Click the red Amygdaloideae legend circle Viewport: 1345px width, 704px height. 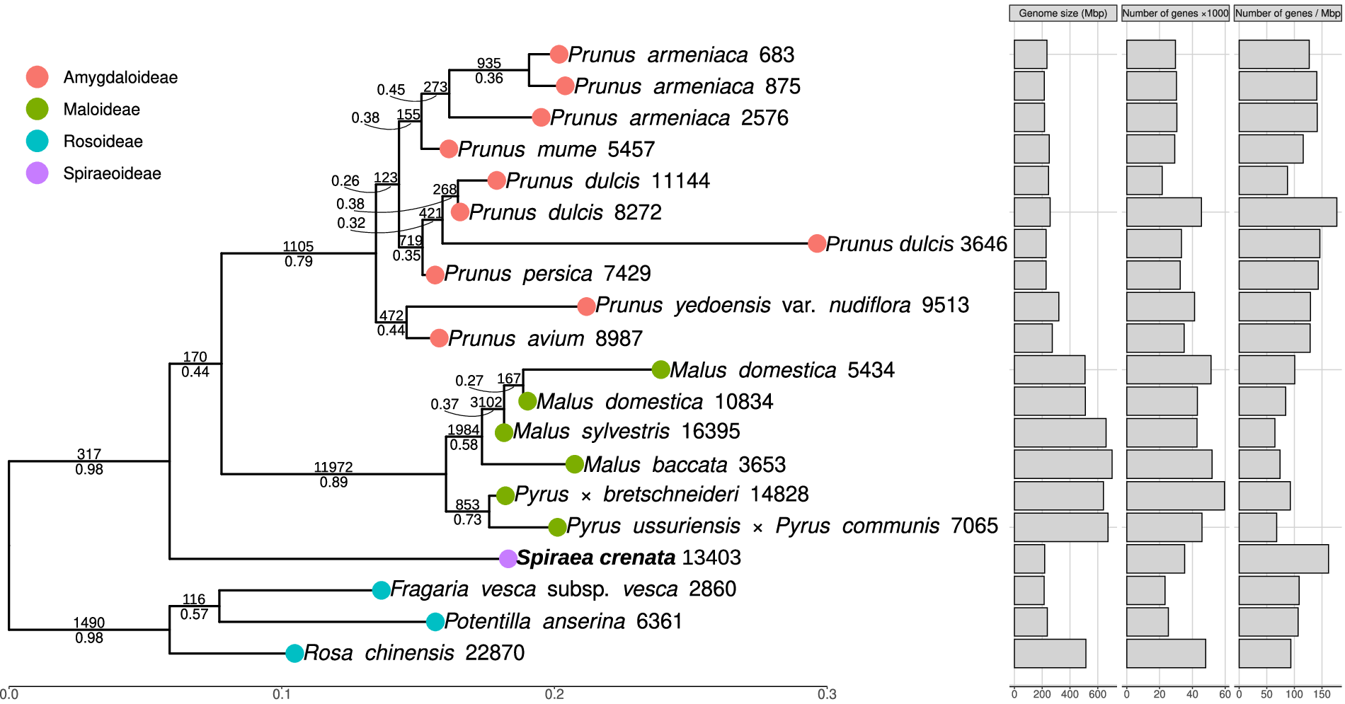point(37,77)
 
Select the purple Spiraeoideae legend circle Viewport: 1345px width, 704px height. point(37,173)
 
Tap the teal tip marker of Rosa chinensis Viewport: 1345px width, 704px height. point(294,653)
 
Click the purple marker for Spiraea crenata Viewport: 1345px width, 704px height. point(508,558)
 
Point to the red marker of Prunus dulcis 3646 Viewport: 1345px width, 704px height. point(817,244)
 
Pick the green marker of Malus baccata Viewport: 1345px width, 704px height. point(575,464)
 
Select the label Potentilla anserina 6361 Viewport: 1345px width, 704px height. point(563,621)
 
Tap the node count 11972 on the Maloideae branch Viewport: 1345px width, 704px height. point(333,467)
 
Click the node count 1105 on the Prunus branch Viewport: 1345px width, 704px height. point(298,246)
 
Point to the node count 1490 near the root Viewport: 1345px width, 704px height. point(89,623)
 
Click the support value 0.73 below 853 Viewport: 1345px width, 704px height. point(467,520)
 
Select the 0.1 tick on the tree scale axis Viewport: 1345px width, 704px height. point(282,694)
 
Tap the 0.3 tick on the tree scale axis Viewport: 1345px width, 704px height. point(827,694)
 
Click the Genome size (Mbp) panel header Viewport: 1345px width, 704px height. point(1063,13)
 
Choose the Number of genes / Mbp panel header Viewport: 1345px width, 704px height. point(1287,13)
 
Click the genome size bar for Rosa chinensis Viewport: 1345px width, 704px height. point(1050,653)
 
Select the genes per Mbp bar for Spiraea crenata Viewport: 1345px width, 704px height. point(1283,558)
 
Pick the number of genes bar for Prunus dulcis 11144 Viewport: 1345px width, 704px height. point(1144,180)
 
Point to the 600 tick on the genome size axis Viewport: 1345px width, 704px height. point(1097,694)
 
